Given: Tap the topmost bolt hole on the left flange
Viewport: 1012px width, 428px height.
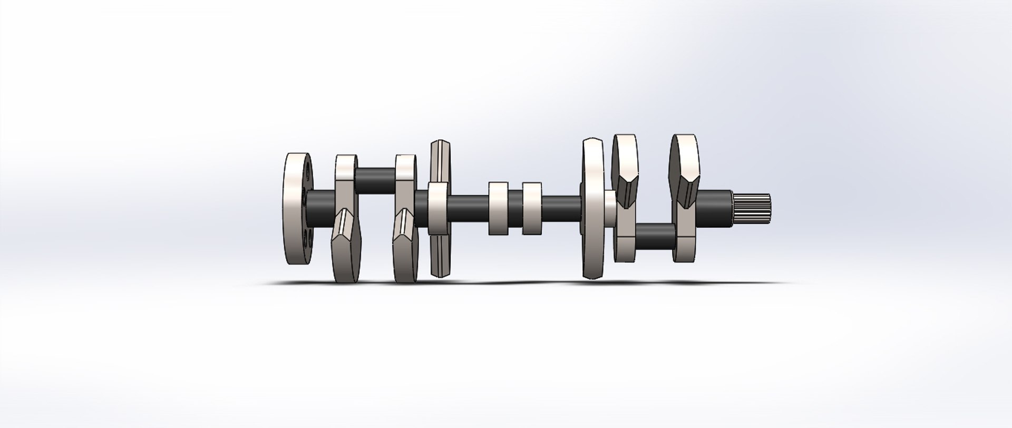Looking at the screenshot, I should click(307, 172).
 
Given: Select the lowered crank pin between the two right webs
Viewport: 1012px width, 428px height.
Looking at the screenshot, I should click(655, 236).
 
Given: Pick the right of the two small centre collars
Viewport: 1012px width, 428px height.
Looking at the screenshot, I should click(532, 208).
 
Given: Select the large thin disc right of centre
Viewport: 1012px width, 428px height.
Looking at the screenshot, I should click(594, 208).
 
